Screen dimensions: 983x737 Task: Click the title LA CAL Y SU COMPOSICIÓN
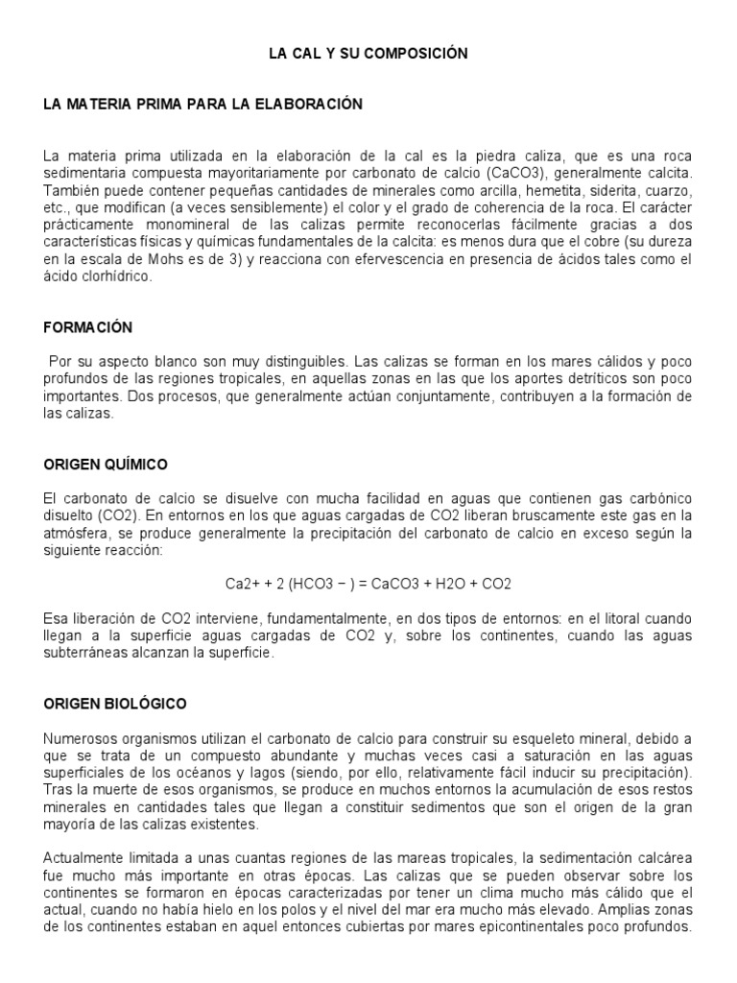[x=368, y=55]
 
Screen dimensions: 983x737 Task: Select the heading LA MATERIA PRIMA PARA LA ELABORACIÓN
[x=203, y=105]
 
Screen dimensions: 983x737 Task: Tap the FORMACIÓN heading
[x=87, y=327]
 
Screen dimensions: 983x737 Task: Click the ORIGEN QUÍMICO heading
[x=106, y=465]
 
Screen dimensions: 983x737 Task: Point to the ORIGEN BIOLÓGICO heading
[x=115, y=704]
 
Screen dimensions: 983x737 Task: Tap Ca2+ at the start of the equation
[x=239, y=584]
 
